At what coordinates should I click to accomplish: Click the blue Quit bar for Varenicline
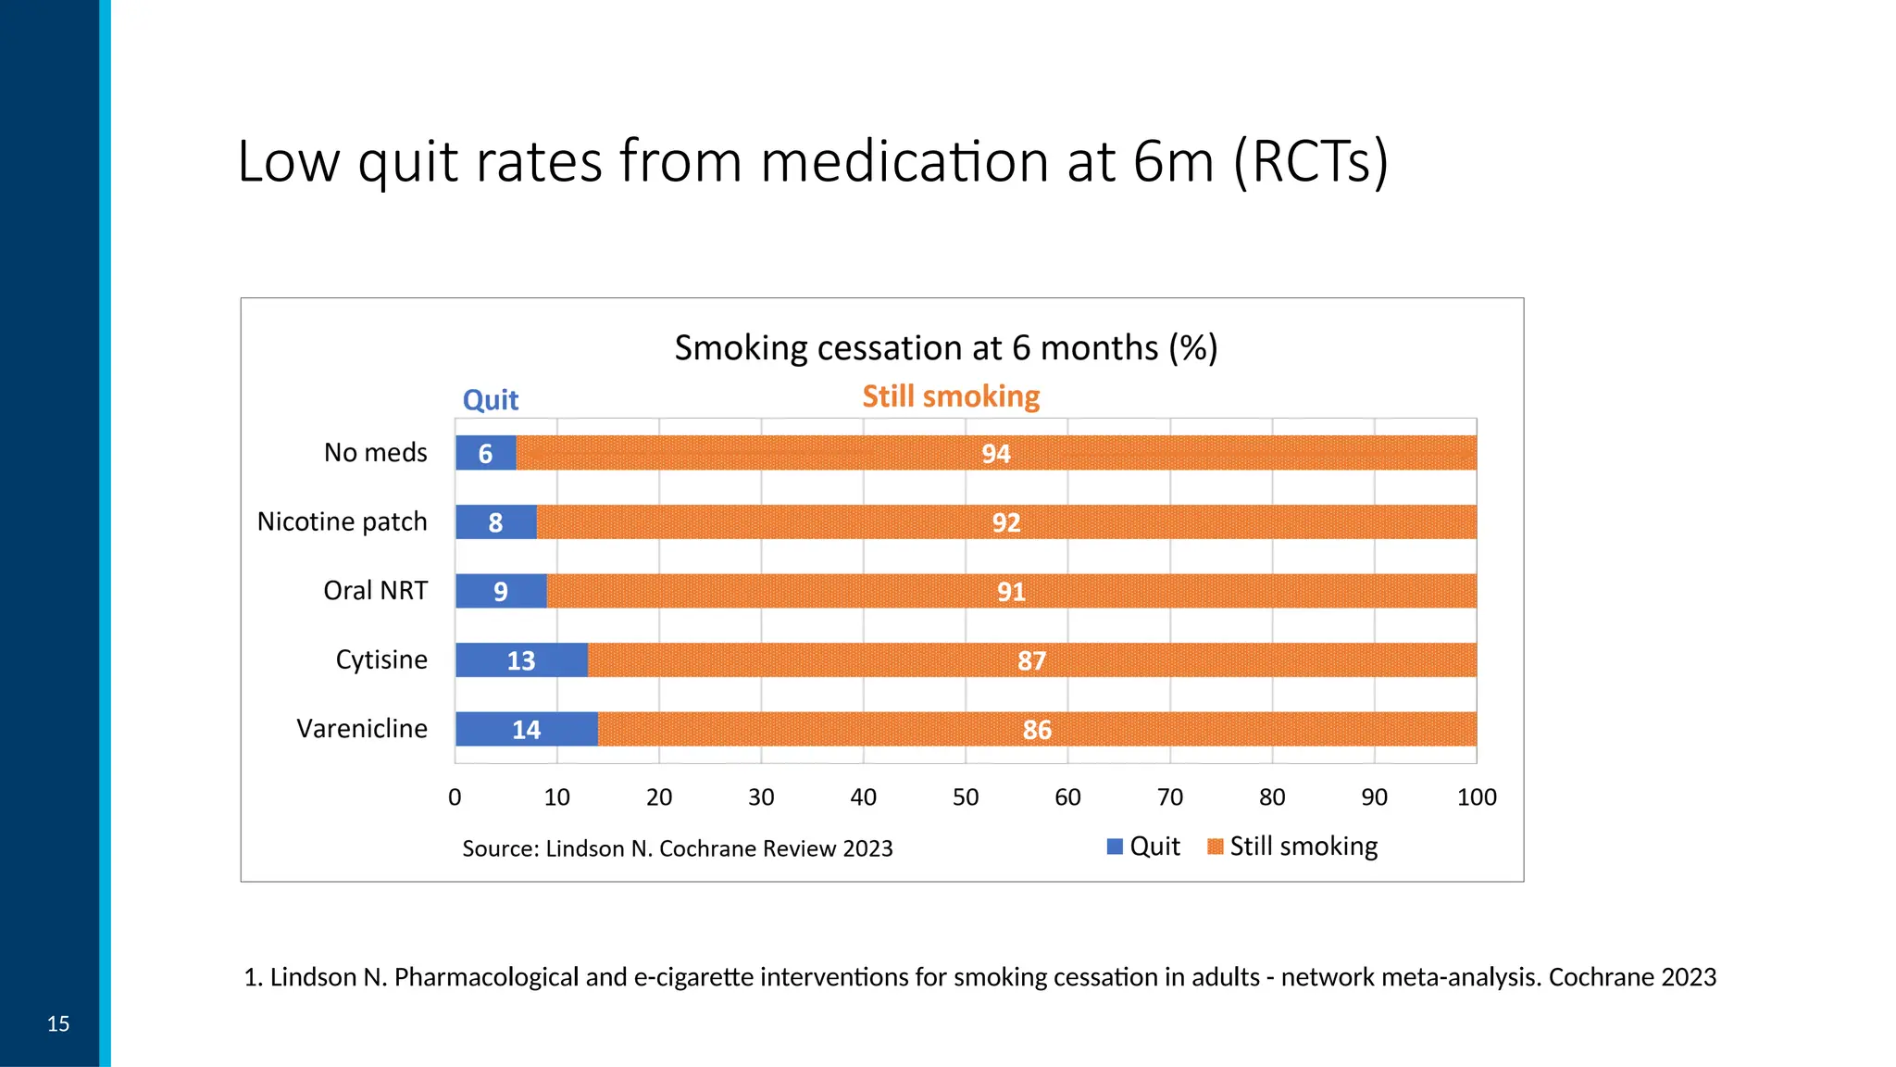tap(526, 729)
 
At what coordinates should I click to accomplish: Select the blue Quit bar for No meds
tap(485, 453)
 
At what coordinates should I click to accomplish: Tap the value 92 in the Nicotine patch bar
tap(1005, 522)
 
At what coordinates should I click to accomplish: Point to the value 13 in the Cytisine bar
tap(520, 660)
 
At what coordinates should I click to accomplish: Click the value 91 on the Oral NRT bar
tap(1011, 592)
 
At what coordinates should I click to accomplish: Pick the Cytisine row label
tap(381, 659)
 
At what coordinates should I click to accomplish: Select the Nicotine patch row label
tap(343, 521)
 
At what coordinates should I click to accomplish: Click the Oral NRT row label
tap(375, 591)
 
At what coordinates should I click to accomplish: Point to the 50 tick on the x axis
tap(966, 797)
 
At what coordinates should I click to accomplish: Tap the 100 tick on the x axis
tap(1477, 797)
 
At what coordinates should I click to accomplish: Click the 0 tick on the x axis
tap(455, 797)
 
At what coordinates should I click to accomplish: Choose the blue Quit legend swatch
tap(1115, 847)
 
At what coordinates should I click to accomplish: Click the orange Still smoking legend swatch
tap(1216, 847)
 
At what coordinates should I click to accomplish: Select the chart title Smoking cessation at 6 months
tap(945, 348)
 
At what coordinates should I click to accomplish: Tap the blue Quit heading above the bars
tap(491, 400)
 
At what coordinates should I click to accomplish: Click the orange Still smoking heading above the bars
tap(951, 396)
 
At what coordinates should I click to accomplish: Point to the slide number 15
tap(58, 1023)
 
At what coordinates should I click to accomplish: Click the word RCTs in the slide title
tap(1311, 162)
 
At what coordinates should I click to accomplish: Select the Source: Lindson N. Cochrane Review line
tap(677, 848)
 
